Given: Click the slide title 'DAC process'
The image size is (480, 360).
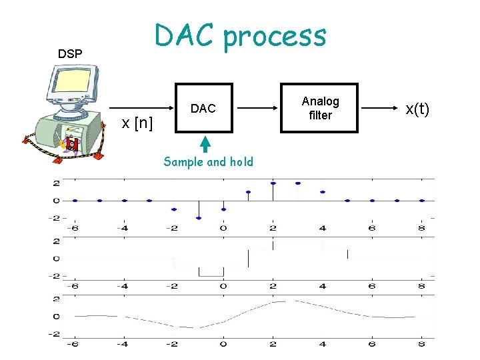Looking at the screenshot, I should [240, 35].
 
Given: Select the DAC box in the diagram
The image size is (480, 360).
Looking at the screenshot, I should [203, 108].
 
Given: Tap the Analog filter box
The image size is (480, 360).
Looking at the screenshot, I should [320, 108].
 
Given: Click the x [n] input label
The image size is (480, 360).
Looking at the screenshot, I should [137, 123].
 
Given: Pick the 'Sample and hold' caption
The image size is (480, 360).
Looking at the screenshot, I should [208, 161].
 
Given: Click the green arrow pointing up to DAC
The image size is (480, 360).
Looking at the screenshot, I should [205, 143].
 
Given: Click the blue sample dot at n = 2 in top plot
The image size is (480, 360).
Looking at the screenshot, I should [273, 183].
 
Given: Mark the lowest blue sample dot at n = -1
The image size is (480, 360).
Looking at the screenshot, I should [198, 218].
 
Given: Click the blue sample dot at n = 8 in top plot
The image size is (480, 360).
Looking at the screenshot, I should [422, 200].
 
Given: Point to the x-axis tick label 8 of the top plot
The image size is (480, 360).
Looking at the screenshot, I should [422, 229].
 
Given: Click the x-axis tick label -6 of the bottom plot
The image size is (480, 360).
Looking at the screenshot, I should [73, 344].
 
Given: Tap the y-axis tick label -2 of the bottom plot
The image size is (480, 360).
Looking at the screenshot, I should [55, 333].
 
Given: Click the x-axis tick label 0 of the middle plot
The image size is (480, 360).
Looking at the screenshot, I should [223, 286].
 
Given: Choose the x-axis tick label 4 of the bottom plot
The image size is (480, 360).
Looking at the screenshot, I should [323, 344].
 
